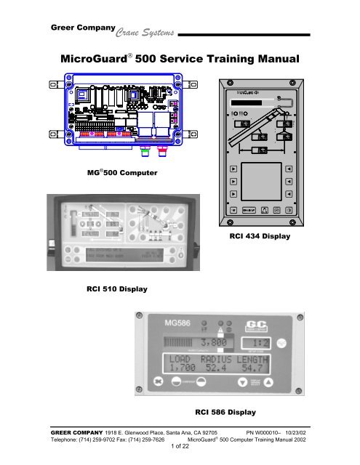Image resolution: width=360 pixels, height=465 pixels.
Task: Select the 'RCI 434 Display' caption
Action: point(260,236)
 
